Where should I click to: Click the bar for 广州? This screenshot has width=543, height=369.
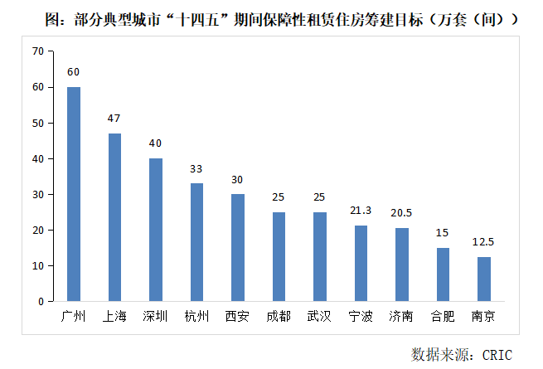point(74,194)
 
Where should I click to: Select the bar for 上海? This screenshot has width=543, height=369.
point(114,217)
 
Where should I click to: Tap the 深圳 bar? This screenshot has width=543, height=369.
point(156,230)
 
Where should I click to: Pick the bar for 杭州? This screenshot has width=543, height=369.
point(196,242)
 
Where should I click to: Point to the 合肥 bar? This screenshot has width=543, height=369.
point(443,274)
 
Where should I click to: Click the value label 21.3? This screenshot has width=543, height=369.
point(361,211)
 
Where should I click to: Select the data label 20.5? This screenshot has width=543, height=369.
point(402,214)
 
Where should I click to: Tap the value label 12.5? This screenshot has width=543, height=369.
point(484,243)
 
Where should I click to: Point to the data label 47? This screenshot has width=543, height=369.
point(114,119)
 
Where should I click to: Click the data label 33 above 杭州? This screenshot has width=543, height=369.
point(196,169)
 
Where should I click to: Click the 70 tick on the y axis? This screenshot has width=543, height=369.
point(36,51)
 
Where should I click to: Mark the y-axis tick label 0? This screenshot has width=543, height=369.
point(40,302)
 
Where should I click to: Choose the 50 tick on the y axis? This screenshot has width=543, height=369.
point(36,123)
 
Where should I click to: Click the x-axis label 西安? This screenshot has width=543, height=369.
point(237,316)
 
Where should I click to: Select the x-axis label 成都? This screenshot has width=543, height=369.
point(279,316)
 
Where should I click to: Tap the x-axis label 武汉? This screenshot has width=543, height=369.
point(319,316)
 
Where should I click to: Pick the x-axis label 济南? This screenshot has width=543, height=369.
point(402,316)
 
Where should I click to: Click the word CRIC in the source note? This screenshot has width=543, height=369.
point(494,355)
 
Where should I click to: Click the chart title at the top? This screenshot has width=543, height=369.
point(271,18)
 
